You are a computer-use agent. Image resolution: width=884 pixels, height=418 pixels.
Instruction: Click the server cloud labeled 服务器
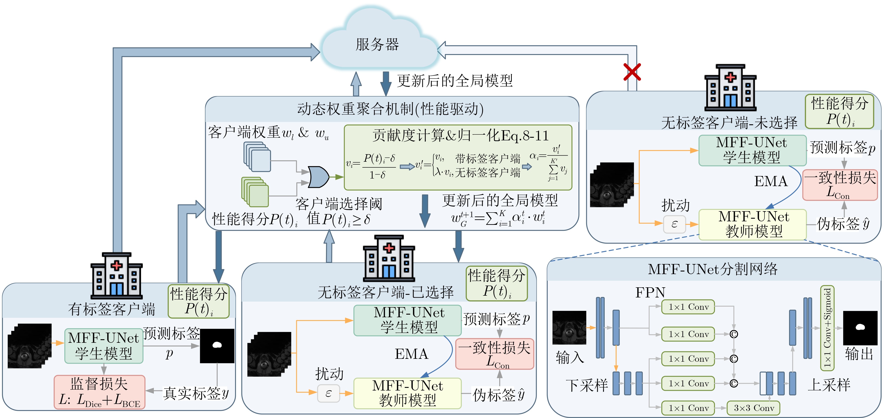(378, 43)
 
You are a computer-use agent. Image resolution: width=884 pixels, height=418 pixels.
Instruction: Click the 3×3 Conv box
(754, 408)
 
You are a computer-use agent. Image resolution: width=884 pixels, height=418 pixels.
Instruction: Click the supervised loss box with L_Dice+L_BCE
(99, 392)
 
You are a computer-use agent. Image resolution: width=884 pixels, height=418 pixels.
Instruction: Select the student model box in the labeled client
(104, 346)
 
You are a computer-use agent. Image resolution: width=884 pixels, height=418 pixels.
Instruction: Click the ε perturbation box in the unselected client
(674, 224)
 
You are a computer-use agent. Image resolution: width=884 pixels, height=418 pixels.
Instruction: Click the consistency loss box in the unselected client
(840, 185)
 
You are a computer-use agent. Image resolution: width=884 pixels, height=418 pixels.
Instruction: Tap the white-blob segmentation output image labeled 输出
(860, 328)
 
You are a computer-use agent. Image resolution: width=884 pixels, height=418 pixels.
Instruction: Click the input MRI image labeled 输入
(569, 328)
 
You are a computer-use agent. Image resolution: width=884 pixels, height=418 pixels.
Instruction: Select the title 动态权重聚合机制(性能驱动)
(390, 109)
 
